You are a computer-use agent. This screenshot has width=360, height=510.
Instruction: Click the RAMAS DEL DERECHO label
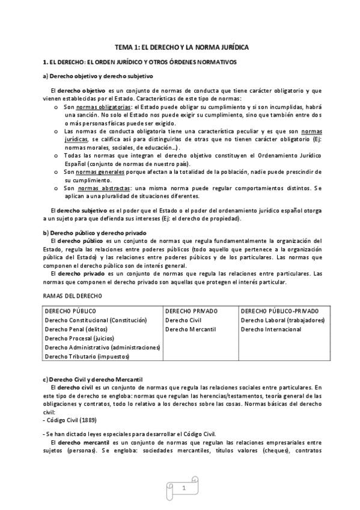[72, 296]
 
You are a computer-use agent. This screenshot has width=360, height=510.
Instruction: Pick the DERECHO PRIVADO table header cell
[191, 311]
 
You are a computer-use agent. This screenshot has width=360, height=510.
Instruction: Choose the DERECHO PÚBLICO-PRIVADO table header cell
[279, 311]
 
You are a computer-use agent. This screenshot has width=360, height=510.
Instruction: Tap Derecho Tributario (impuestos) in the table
[87, 356]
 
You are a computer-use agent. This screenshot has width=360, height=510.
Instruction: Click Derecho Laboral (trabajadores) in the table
[282, 320]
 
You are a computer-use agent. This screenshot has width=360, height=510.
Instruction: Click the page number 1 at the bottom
[183, 490]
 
